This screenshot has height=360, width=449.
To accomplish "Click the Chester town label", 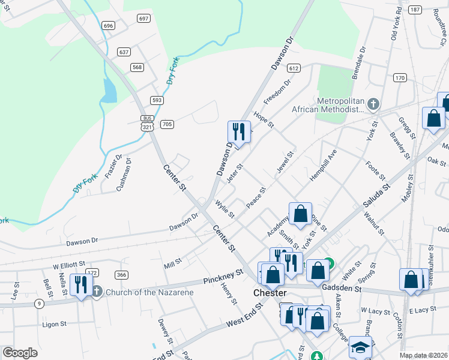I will coord(271,293).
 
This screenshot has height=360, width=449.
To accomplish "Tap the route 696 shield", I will coord(108,25).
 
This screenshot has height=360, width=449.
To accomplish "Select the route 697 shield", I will coord(143,19).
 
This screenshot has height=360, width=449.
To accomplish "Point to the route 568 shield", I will coord(137,67).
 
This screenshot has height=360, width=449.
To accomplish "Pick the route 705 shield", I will coord(167,124).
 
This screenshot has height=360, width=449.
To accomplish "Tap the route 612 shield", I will coord(294,68).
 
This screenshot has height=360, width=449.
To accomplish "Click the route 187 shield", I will coord(414,10).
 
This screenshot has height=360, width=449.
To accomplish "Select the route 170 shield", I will coord(400,78).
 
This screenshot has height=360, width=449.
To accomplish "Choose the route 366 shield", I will coord(122,275).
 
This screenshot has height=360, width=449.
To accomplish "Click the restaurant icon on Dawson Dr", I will coord(239,131).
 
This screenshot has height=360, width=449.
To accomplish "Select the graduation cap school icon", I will coord(360,347).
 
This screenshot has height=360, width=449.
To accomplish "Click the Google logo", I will coord(20,352).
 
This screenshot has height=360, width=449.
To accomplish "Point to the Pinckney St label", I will coord(223,277).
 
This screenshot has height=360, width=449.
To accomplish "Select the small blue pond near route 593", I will coord(109,90).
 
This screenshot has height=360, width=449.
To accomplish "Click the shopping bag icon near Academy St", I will coord(300,213).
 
